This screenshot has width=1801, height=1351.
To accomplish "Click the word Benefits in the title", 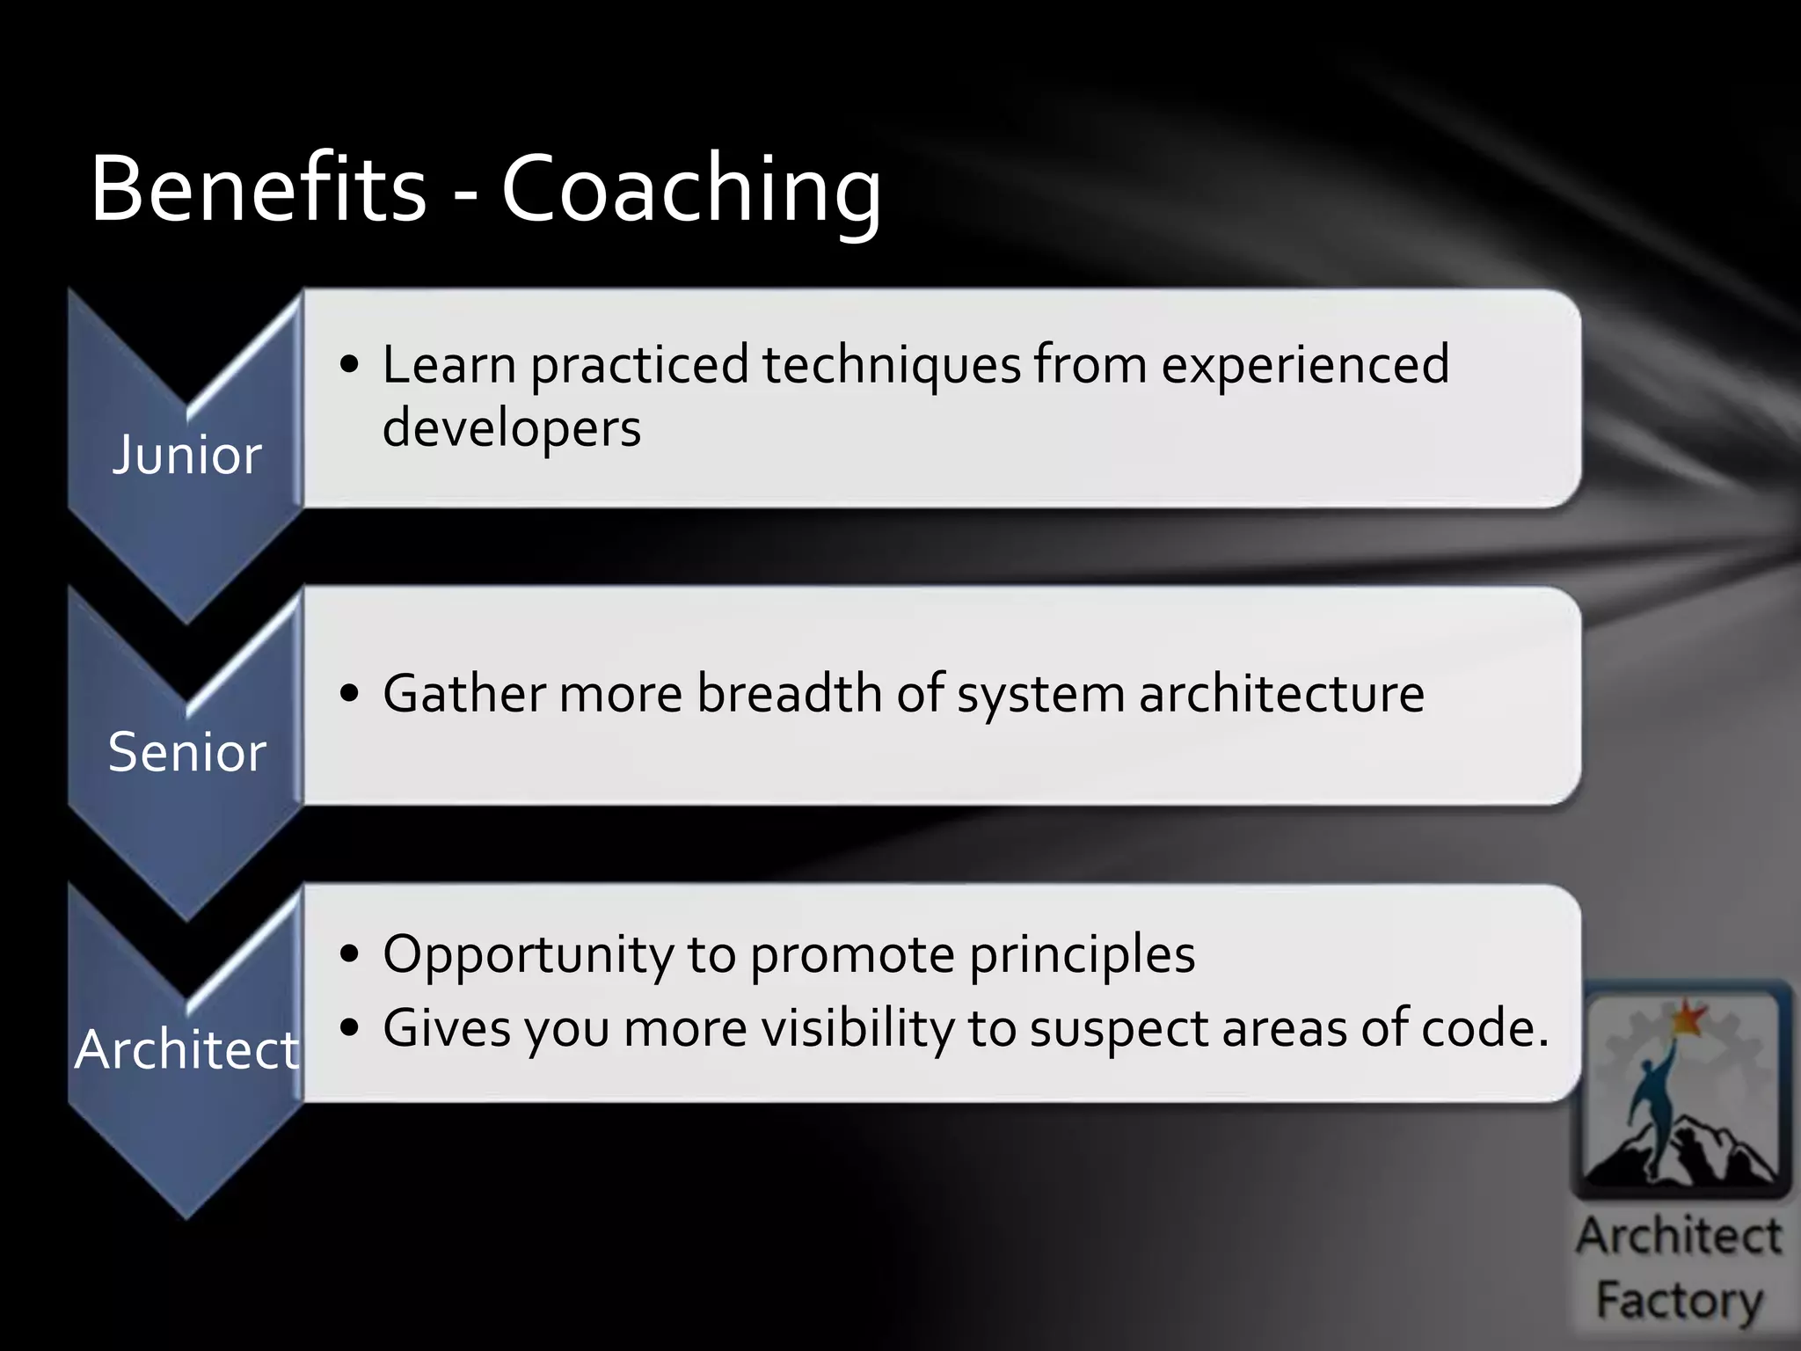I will pyautogui.click(x=258, y=188).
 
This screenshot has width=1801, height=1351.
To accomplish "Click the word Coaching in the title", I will pyautogui.click(x=690, y=190).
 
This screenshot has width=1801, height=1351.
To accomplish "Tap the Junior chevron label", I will pyautogui.click(x=186, y=455).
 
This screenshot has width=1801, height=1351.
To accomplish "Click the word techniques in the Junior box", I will pyautogui.click(x=891, y=364).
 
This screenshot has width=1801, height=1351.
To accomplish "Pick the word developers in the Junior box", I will pyautogui.click(x=512, y=428).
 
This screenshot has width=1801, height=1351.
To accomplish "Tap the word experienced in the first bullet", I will pyautogui.click(x=1305, y=364).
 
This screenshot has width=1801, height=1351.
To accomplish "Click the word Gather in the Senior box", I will pyautogui.click(x=463, y=693).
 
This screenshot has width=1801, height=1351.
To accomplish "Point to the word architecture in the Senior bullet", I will pyautogui.click(x=1281, y=693).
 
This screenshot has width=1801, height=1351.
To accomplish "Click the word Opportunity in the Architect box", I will pyautogui.click(x=528, y=954).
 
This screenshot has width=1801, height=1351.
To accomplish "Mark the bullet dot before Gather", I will pyautogui.click(x=350, y=694).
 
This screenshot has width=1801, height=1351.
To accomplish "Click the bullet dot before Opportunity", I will pyautogui.click(x=350, y=954).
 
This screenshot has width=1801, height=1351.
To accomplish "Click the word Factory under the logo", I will pyautogui.click(x=1680, y=1300).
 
